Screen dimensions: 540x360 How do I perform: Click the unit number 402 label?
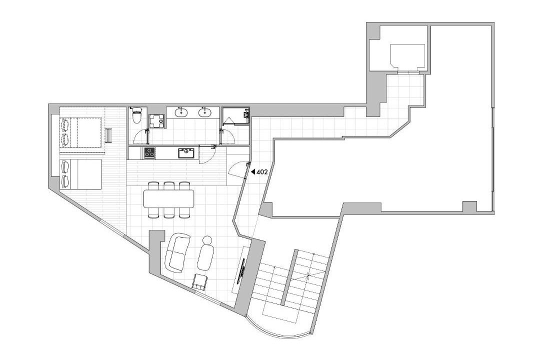pos(261,171)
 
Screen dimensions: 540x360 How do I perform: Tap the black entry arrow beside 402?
pos(252,171)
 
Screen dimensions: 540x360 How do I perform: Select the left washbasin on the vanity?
pos(180,112)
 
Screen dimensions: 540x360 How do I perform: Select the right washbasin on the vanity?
pos(205,112)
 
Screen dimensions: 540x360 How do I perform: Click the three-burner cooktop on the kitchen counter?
pos(149,152)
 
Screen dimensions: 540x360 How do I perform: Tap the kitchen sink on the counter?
pos(186,152)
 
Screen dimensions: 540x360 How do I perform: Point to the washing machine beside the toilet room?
pos(157,121)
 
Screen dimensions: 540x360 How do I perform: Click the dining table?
pos(169,199)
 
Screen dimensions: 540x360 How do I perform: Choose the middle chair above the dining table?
pos(169,185)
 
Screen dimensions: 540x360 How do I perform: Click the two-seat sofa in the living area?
pos(177,252)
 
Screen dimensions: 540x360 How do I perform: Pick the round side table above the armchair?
pos(207,240)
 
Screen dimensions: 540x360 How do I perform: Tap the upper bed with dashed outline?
pos(81,132)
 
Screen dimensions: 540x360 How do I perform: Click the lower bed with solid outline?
pos(81,174)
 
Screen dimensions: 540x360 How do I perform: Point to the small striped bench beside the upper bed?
pos(108,134)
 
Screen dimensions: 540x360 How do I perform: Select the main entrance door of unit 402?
pos(238,169)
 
